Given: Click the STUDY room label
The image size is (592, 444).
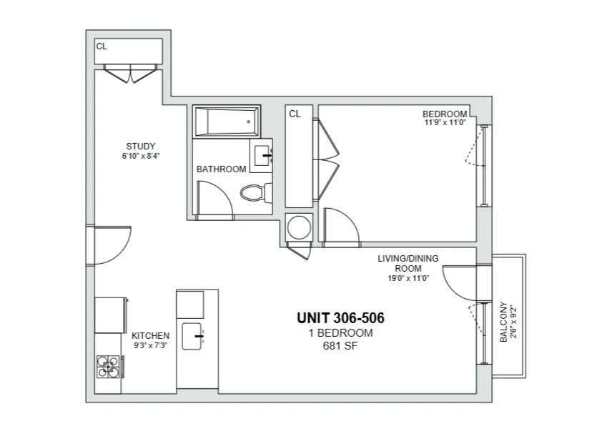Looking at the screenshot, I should point(140,147).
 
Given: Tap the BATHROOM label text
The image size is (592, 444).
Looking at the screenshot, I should point(221,169).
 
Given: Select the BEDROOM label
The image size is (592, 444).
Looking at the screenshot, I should point(445,114).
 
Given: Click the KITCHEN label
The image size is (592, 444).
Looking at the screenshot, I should point(150,335).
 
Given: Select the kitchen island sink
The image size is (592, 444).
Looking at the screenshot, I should point(193,336).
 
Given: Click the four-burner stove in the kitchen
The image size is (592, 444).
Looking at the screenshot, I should point(109,365).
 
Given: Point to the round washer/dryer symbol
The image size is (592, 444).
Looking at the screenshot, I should point(298,227).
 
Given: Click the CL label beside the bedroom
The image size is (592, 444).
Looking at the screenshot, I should point(295,114).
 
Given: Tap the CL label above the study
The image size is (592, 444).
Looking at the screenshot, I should point(102,46).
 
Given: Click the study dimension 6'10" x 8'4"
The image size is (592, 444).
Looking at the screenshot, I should point(140,156).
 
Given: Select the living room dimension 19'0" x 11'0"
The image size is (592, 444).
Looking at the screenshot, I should point(408,279).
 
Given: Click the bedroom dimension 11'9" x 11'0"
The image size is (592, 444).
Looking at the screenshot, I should point(445,122).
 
